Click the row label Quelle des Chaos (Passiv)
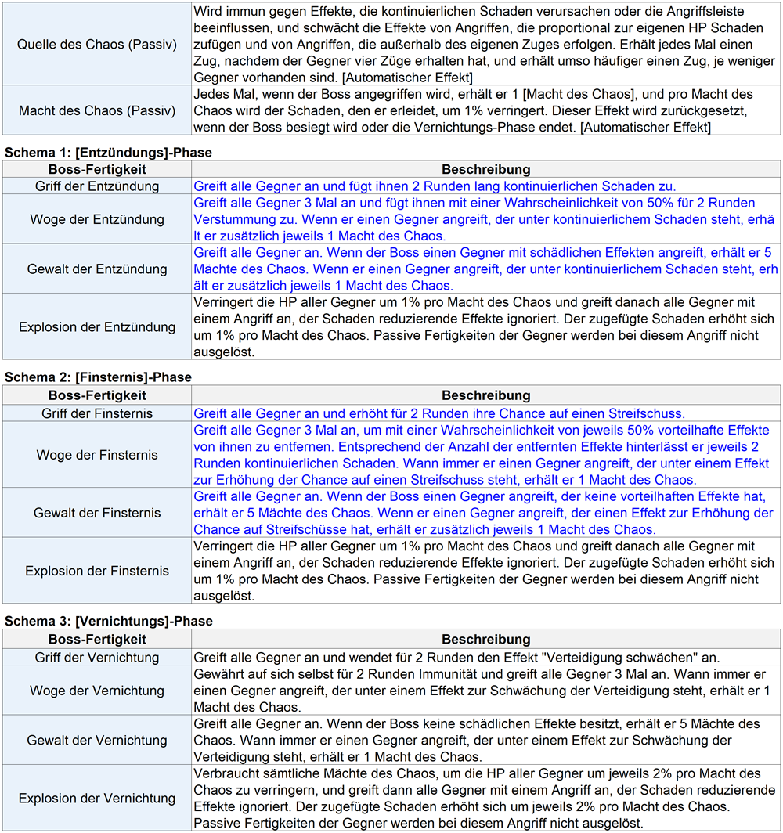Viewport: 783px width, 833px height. (x=97, y=44)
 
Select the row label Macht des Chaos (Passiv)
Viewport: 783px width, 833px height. (x=97, y=110)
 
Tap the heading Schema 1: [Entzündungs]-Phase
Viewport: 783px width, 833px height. (x=108, y=152)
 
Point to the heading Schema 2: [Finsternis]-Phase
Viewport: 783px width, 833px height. (x=98, y=377)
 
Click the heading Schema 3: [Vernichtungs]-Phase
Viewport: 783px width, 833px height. (x=109, y=622)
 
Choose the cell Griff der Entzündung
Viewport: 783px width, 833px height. (x=97, y=186)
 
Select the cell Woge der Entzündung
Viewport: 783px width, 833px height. (x=97, y=219)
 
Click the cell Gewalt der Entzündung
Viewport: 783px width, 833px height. (x=97, y=269)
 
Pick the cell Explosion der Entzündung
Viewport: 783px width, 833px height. (x=97, y=326)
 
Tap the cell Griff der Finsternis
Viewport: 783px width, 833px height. (x=97, y=413)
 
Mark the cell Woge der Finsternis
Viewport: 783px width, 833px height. (x=97, y=455)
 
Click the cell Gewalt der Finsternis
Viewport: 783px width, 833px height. (x=97, y=513)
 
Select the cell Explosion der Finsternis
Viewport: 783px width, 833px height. (x=97, y=571)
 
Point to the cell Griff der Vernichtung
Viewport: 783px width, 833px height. (x=97, y=658)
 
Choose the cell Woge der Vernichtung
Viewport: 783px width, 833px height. (x=97, y=691)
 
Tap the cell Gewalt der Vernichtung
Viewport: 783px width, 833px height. (x=97, y=740)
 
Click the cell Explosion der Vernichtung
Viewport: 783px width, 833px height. (x=97, y=799)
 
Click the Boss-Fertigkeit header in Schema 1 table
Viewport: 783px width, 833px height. (x=97, y=169)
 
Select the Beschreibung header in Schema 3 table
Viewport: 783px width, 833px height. (x=485, y=640)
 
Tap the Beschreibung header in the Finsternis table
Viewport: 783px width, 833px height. (x=485, y=396)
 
